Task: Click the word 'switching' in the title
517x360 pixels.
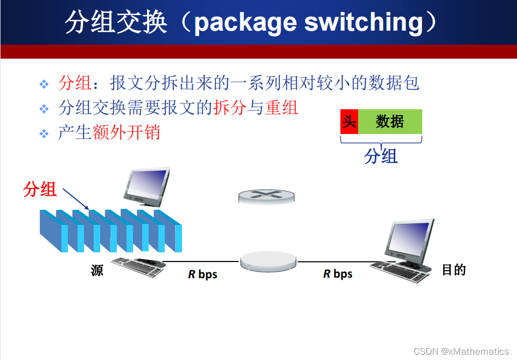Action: coord(364,23)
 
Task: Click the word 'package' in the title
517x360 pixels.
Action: coord(246,23)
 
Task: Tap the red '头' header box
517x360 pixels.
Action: coord(349,122)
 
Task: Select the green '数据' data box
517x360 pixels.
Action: coord(390,122)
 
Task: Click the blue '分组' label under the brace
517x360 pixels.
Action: coord(381,156)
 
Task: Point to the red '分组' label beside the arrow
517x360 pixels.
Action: coord(40,189)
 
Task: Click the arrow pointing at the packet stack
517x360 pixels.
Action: coord(76,199)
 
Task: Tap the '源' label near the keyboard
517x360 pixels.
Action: coord(97,270)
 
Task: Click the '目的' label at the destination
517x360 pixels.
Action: coord(453,270)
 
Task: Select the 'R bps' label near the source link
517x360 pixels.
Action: coord(202,274)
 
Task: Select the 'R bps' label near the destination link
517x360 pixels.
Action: coord(338,274)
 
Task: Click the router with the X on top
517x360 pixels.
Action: coord(267,196)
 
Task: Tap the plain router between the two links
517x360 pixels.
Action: coord(268,261)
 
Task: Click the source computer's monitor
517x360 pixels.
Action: coord(146,187)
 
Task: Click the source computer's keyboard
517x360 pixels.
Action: coord(138,266)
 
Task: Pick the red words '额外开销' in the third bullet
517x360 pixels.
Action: coord(126,132)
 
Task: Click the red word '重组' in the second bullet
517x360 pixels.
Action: coord(282,108)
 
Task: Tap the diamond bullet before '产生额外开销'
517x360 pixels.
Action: coord(44,134)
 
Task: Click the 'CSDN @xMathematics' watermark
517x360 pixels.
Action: coord(461,351)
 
